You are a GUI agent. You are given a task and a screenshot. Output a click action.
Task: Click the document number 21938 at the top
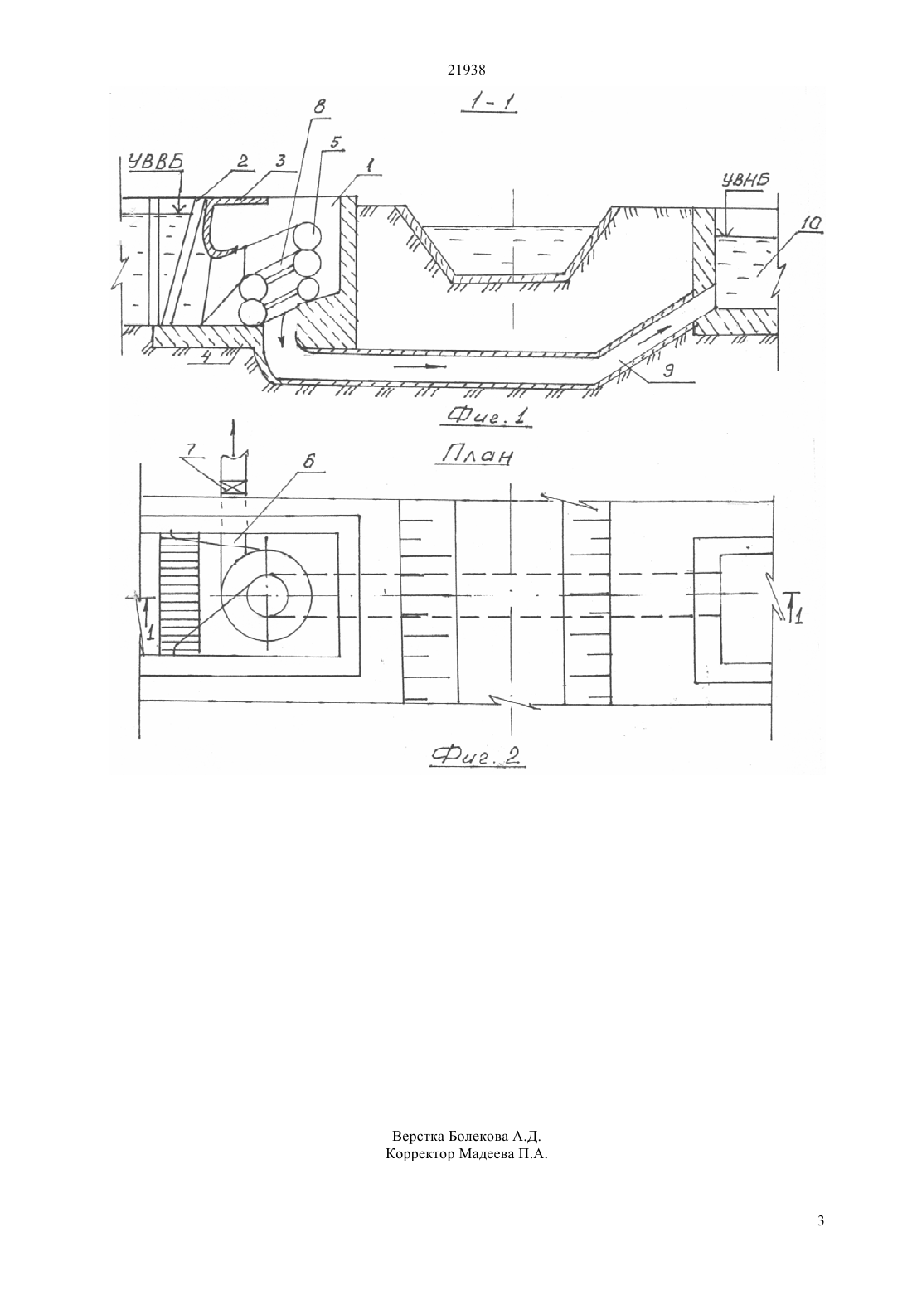466,70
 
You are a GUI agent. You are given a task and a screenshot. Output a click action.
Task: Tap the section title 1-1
489,103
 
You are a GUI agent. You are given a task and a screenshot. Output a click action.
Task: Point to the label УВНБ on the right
745,180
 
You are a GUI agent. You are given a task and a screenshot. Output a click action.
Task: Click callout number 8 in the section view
319,107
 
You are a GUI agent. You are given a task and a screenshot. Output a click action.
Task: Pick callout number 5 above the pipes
337,140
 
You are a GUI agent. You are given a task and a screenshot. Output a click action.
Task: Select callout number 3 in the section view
280,161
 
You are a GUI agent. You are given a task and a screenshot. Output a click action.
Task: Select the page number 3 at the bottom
821,1237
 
